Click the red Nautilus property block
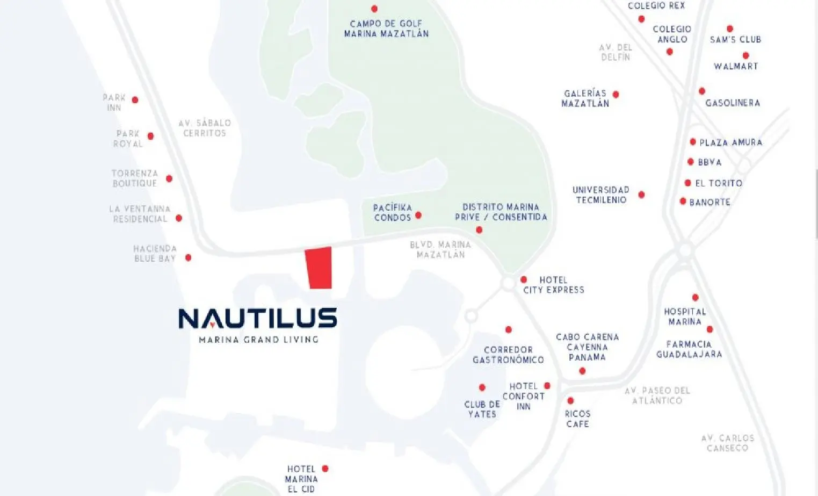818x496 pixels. tap(318, 268)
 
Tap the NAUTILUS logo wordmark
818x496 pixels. tap(258, 318)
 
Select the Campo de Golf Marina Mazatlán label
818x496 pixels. tap(386, 28)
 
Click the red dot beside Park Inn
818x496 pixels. tap(135, 100)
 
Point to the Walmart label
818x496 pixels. tap(736, 66)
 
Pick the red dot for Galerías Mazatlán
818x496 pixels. tap(616, 95)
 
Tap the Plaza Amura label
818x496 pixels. tap(731, 142)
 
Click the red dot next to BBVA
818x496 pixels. tap(691, 161)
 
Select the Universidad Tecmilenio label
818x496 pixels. tap(601, 195)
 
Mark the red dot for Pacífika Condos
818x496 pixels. tap(418, 215)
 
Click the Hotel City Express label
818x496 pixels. tap(554, 285)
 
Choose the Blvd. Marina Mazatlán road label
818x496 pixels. tap(441, 249)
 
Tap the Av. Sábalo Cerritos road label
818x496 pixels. tap(205, 128)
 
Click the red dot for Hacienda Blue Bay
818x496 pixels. tap(189, 257)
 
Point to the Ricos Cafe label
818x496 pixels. tap(577, 419)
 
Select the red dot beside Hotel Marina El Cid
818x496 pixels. tap(325, 468)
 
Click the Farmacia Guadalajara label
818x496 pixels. tap(689, 349)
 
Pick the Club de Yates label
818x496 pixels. tap(482, 409)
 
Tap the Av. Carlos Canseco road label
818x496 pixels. tap(728, 443)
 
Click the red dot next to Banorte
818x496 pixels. tap(683, 201)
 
